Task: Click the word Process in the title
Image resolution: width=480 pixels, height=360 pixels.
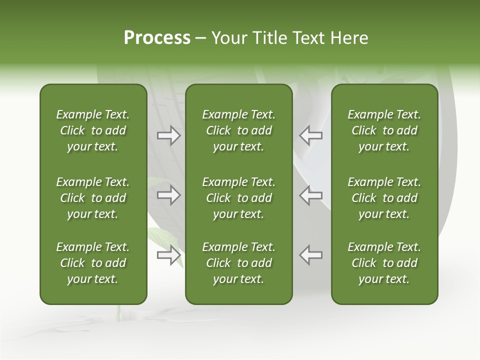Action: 157,38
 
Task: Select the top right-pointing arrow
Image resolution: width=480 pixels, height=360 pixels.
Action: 168,135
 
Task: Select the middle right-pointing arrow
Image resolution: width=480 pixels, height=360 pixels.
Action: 168,195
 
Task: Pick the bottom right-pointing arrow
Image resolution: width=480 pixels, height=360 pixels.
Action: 168,255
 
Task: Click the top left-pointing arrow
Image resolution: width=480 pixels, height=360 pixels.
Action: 310,135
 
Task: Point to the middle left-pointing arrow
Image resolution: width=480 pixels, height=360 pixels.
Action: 310,195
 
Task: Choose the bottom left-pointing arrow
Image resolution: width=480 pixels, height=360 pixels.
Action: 310,255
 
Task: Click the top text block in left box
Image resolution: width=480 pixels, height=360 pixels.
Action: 93,130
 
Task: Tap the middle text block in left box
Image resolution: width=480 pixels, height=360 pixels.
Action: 93,198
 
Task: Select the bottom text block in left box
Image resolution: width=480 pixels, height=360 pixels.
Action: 93,263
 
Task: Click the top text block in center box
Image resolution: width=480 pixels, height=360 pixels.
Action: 239,130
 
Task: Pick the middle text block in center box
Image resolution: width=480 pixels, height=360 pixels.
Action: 239,198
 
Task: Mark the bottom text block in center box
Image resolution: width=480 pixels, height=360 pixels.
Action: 239,263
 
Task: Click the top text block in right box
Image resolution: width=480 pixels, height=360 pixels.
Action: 384,130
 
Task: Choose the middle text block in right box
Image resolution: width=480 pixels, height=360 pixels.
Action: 384,198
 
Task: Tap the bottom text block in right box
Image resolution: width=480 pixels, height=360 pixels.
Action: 384,263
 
